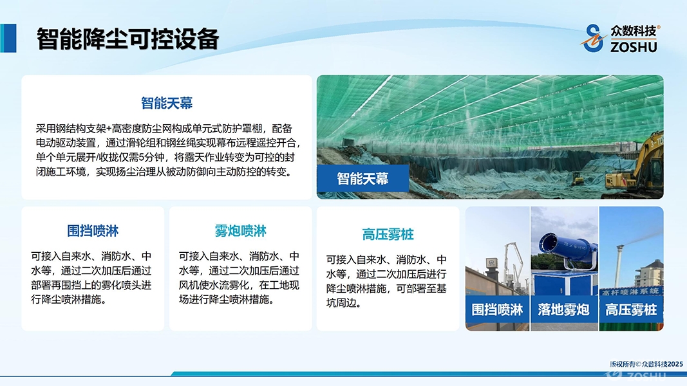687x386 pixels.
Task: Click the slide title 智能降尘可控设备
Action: click(x=127, y=39)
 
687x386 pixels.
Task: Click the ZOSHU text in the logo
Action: click(x=634, y=46)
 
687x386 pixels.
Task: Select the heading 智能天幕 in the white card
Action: click(x=167, y=103)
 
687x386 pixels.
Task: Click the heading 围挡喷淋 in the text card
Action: click(x=93, y=231)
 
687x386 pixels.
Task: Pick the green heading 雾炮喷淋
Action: click(x=241, y=231)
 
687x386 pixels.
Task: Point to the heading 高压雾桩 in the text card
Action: click(x=388, y=234)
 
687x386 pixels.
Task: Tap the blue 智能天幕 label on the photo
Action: click(x=362, y=179)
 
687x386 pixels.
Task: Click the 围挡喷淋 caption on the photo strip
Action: click(x=497, y=310)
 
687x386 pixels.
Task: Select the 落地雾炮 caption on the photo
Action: click(x=564, y=310)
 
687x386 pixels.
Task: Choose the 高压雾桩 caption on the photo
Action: click(x=631, y=310)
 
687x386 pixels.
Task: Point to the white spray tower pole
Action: click(x=619, y=266)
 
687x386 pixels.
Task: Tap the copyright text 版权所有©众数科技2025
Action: click(x=646, y=363)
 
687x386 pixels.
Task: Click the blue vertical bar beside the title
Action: click(x=8, y=38)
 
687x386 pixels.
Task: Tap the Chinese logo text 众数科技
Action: click(x=634, y=31)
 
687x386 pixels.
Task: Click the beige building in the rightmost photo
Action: click(x=649, y=273)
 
